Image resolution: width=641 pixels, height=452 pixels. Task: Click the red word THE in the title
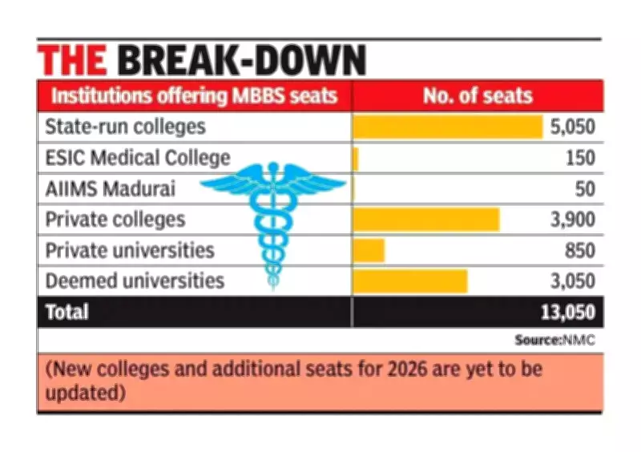pos(70,61)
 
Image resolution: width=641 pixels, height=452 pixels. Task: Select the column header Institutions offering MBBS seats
pos(194,96)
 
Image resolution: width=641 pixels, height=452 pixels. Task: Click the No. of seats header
pos(478,96)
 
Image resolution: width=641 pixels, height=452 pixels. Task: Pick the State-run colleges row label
pos(125,127)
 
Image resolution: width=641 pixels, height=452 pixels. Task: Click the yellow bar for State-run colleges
pos(448,127)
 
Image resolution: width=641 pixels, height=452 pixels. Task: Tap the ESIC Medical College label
pos(138,158)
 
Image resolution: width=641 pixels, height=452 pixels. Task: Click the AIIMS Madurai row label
pos(110,189)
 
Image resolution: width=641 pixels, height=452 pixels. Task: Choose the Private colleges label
pos(115,220)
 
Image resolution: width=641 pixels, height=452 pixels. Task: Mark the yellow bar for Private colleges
pos(426,220)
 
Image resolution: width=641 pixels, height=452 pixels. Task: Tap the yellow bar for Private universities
pos(369,250)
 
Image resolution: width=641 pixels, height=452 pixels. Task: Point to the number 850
pos(579,250)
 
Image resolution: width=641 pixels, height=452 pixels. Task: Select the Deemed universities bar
pos(410,281)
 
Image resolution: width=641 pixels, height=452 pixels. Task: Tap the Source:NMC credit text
pos(555,341)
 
